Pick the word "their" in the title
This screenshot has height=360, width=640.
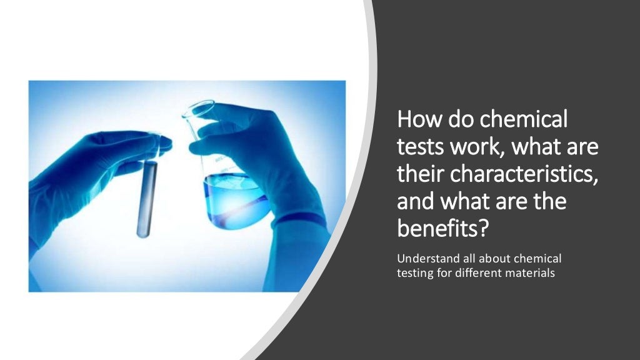pos(419,176)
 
